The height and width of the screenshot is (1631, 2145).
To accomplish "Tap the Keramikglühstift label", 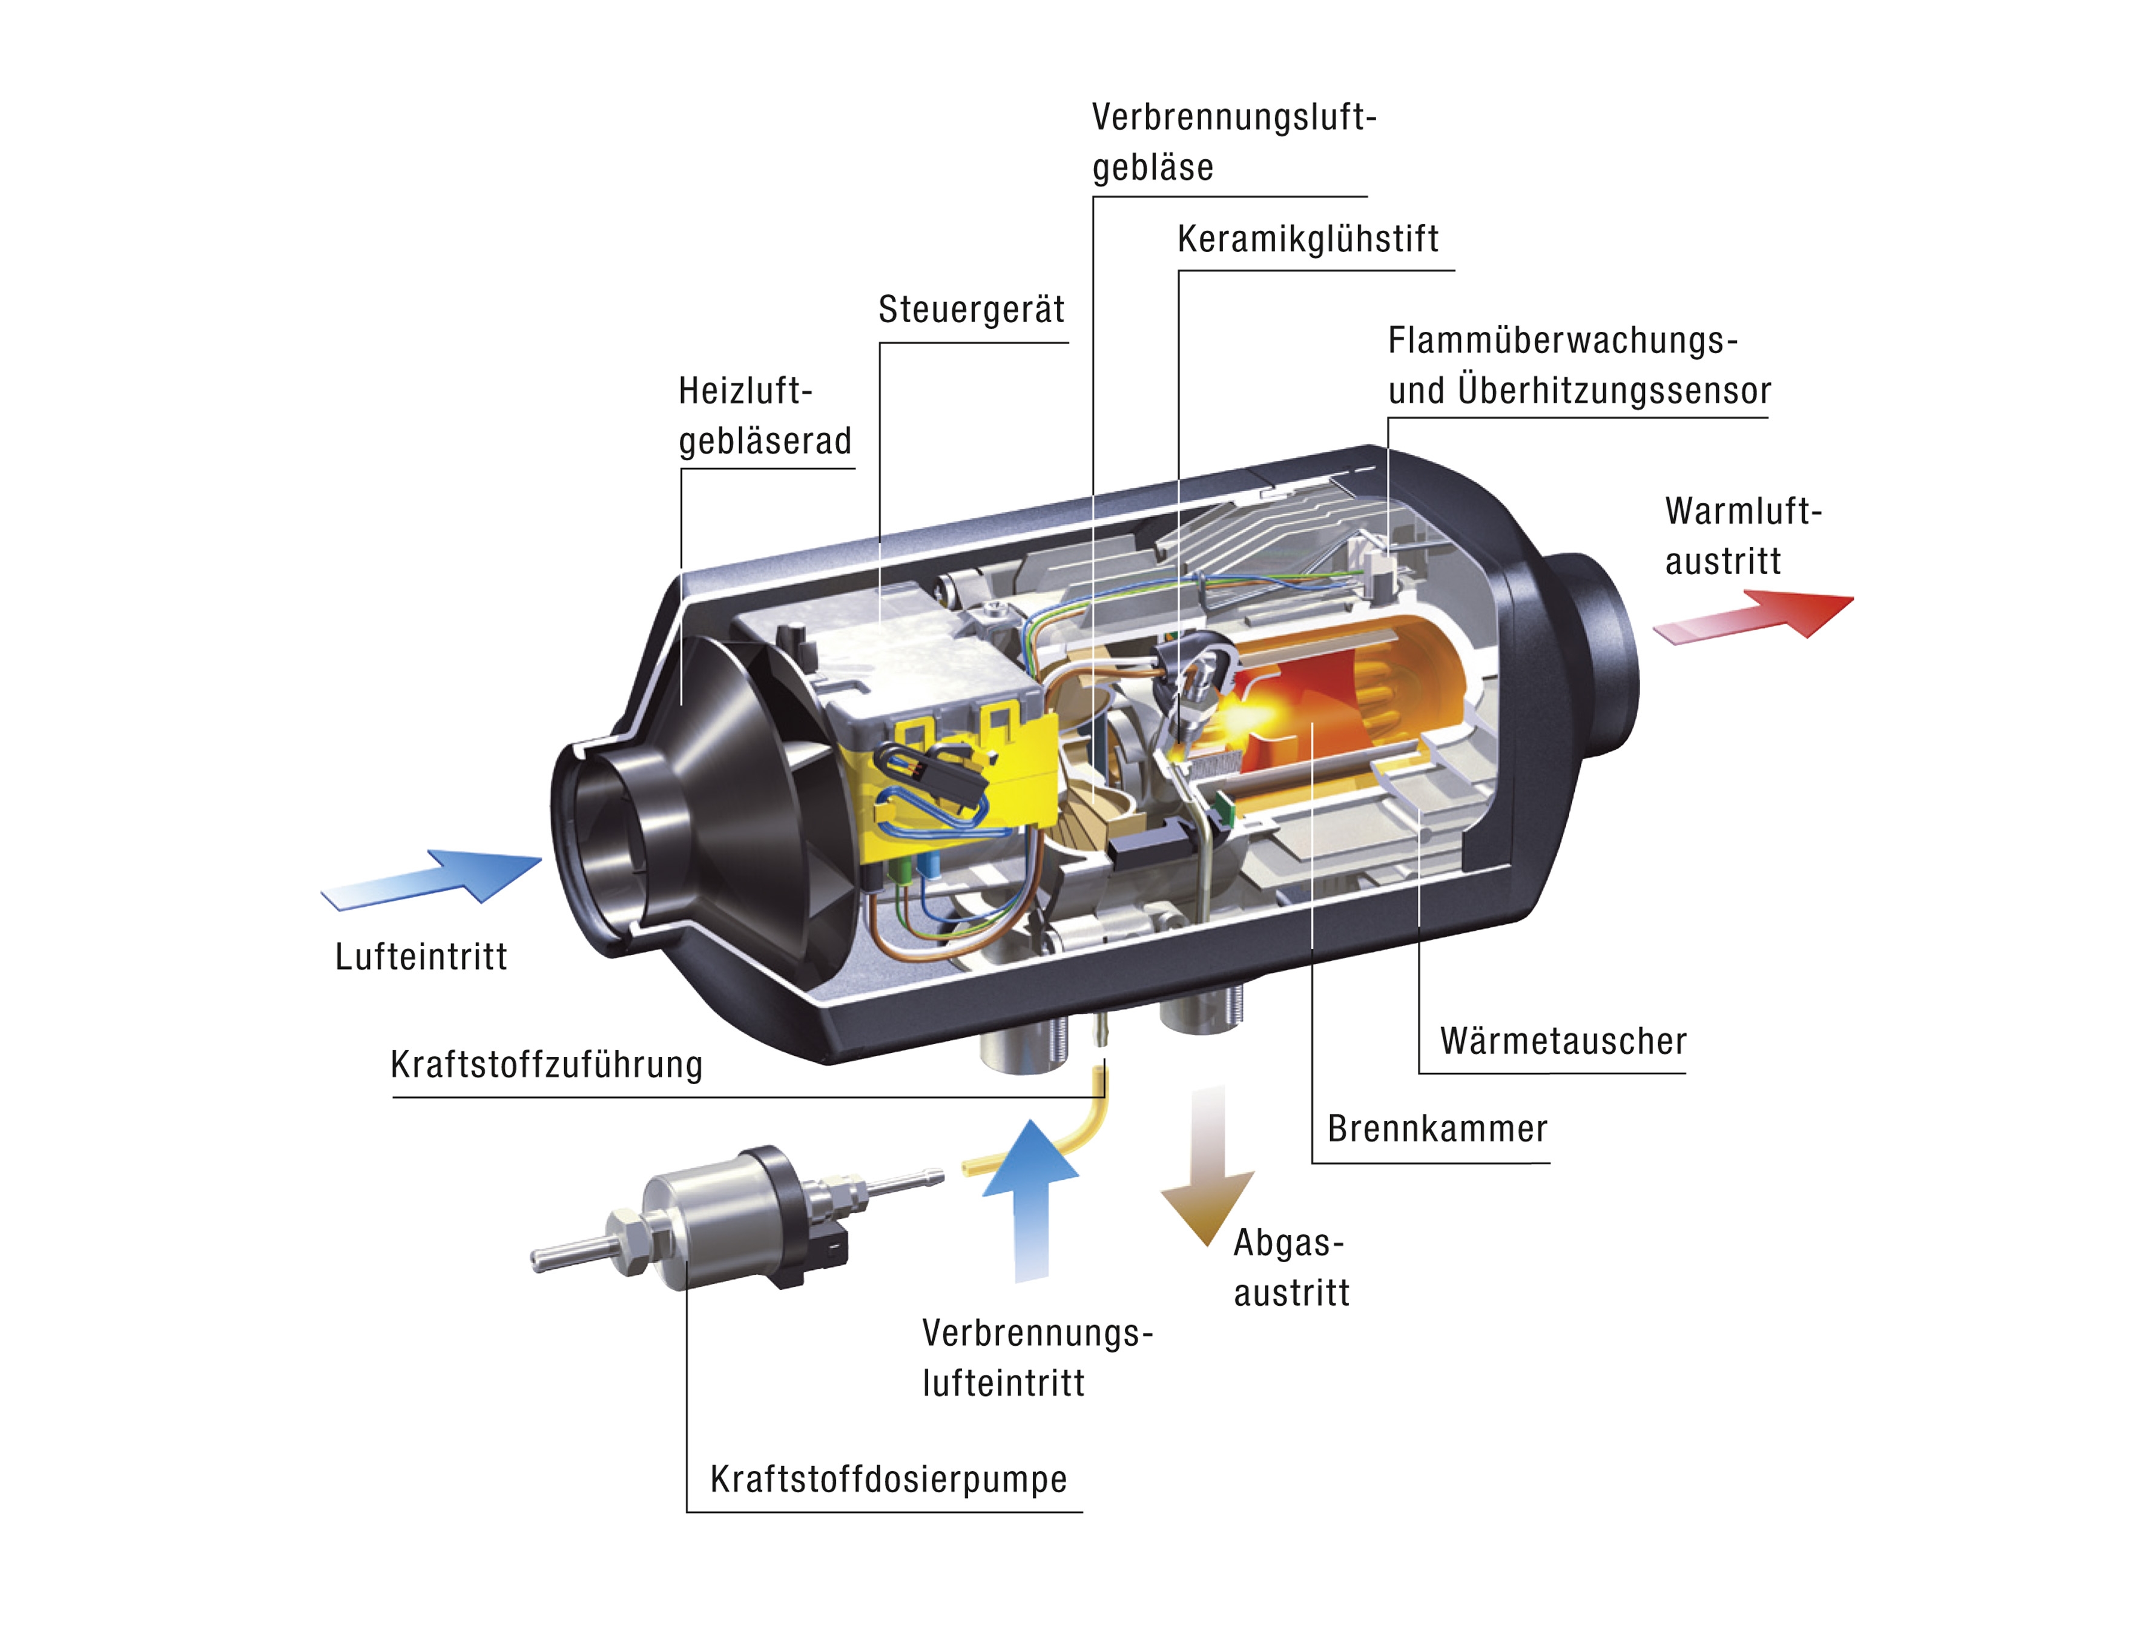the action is click(1307, 239).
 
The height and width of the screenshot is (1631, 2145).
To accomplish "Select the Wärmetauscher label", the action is click(1563, 1040).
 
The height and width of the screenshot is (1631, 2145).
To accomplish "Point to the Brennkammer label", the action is click(1437, 1128).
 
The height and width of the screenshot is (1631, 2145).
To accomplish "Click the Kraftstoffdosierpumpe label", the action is click(888, 1480).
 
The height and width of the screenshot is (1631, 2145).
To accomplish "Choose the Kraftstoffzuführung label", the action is click(547, 1064).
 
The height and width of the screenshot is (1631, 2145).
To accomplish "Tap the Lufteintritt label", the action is click(420, 956).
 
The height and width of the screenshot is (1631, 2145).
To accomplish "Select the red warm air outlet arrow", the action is click(1753, 617).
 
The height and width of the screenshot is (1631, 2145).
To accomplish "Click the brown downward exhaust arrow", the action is click(1207, 1165).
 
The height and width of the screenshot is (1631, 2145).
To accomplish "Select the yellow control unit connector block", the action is click(956, 776).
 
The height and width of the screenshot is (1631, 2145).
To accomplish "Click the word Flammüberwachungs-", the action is click(1563, 341).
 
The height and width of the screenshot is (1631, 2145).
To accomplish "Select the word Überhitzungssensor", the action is click(1614, 390).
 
